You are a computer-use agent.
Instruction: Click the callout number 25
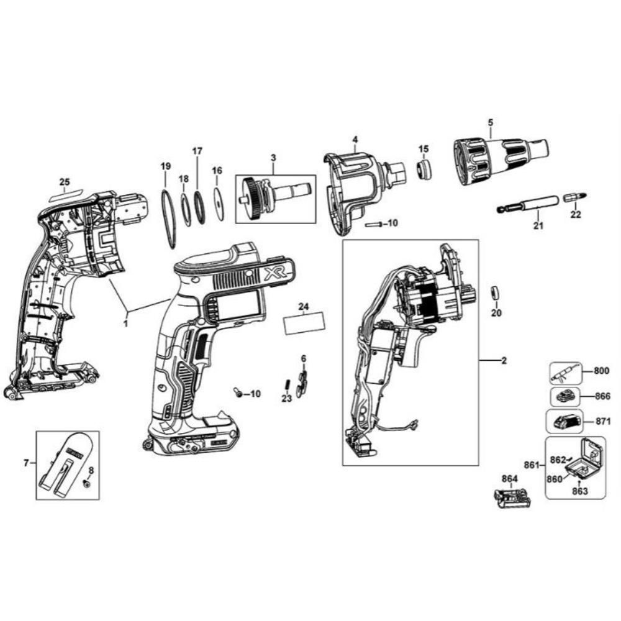[x=65, y=182]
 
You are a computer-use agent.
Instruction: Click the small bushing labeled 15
[x=422, y=169]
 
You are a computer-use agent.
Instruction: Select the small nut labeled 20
[x=496, y=292]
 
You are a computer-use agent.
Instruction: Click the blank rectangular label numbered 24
[x=304, y=324]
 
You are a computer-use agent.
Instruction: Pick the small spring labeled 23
[x=288, y=384]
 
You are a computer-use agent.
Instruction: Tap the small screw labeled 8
[x=88, y=483]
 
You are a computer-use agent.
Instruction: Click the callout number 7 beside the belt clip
[x=25, y=462]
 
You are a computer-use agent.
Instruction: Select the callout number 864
[x=509, y=478]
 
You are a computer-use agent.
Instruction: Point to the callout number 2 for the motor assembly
[x=504, y=361]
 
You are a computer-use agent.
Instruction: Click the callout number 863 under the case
[x=579, y=491]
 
